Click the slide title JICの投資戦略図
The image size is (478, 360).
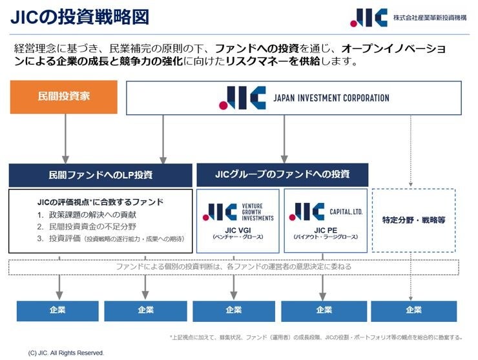pos(79,17)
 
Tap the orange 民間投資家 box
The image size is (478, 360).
pos(63,97)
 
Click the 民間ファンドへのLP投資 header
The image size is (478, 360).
pos(100,175)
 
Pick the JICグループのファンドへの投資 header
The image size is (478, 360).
pos(282,174)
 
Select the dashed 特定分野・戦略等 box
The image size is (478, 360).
pos(413,219)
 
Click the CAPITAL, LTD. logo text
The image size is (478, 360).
pos(346,211)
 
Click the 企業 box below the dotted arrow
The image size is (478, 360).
pos(413,310)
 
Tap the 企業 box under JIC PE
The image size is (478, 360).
pos(324,310)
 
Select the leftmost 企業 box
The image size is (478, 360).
pos(57,310)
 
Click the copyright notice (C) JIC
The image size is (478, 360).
pos(66,353)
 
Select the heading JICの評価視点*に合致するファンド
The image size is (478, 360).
pos(100,202)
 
